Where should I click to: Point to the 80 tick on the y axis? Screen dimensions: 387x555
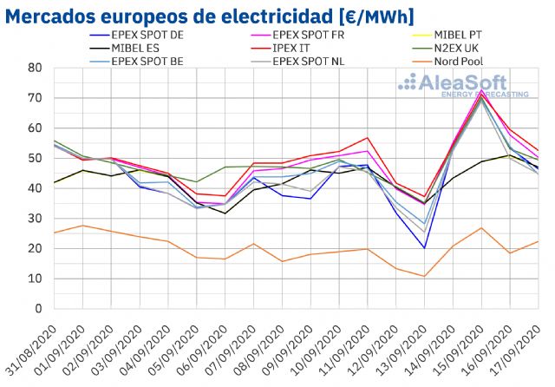click(36, 68)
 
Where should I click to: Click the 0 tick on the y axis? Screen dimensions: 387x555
click(39, 308)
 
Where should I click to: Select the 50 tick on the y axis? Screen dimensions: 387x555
click(36, 158)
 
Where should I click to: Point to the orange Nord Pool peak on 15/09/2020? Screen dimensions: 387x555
click(482, 227)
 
